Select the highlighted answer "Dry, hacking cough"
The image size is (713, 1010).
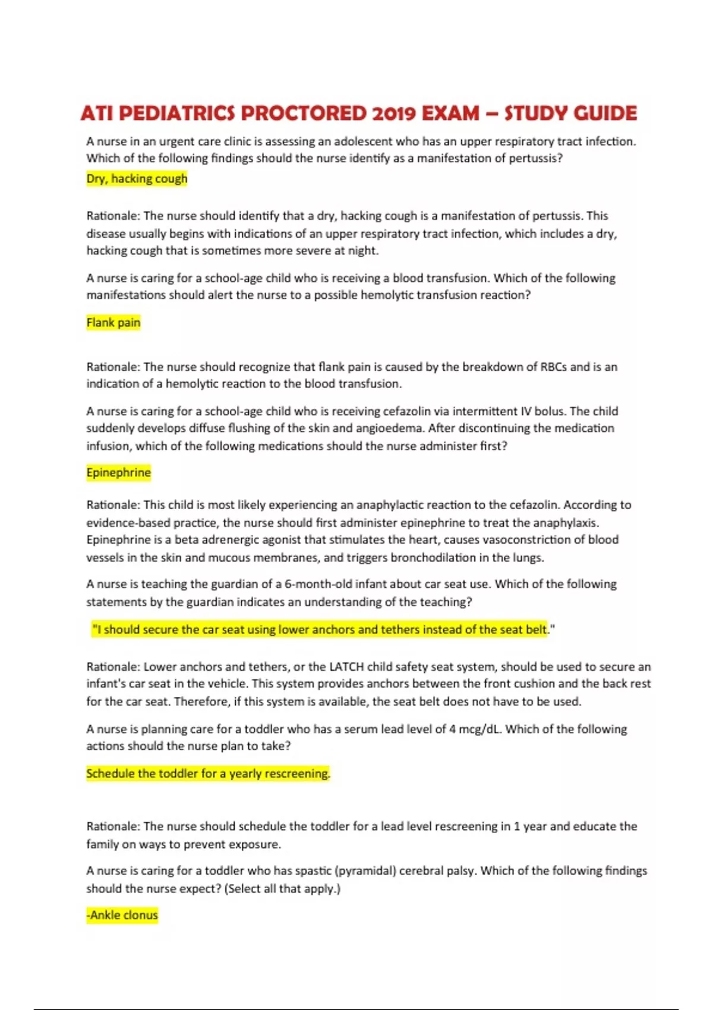[x=137, y=179]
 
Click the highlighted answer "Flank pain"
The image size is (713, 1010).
[x=113, y=323]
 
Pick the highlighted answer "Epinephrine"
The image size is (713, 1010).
[x=119, y=473]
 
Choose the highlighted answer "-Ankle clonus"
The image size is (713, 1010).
[x=122, y=916]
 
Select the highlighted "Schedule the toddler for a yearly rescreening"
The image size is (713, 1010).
[x=208, y=774]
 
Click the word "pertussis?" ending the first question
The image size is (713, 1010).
[x=536, y=159]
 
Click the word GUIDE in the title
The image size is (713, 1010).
[x=604, y=113]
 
